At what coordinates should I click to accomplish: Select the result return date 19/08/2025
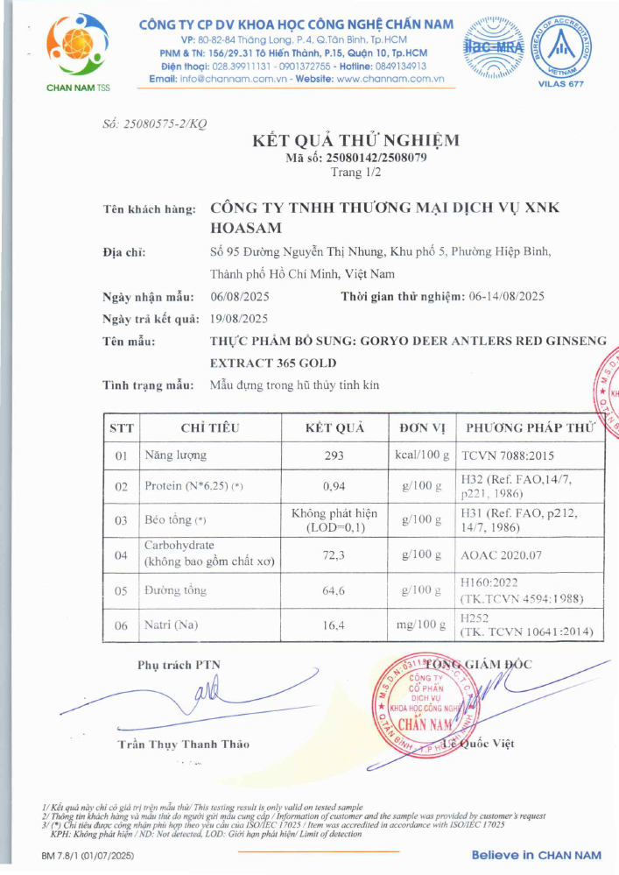click(x=239, y=319)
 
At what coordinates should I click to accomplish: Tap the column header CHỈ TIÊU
click(x=209, y=428)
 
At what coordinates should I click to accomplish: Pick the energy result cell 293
click(x=334, y=455)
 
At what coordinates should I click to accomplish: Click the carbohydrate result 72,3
click(x=334, y=554)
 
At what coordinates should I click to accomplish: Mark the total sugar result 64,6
click(x=334, y=591)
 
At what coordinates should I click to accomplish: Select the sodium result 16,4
click(x=334, y=624)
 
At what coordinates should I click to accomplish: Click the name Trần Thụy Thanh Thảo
click(x=183, y=744)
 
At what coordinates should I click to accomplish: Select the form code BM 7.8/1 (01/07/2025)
click(x=89, y=855)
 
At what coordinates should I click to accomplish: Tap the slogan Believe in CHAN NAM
click(x=536, y=855)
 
